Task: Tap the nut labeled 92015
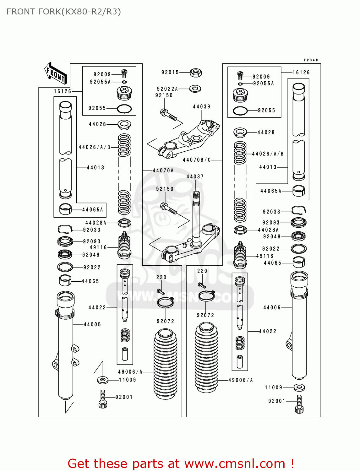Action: point(196,73)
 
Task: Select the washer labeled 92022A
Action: point(195,89)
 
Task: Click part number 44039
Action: point(201,107)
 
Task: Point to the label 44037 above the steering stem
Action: point(195,177)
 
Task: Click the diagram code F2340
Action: point(311,60)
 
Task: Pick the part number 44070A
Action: point(163,171)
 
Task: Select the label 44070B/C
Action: point(197,160)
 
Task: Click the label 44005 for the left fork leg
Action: point(92,324)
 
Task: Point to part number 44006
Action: point(272,308)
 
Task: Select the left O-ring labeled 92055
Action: point(124,109)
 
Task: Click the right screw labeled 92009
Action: point(241,75)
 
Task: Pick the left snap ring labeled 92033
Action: point(65,229)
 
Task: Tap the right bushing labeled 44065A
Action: point(298,191)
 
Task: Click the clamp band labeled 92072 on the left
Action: point(165,303)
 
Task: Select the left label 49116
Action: point(98,247)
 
